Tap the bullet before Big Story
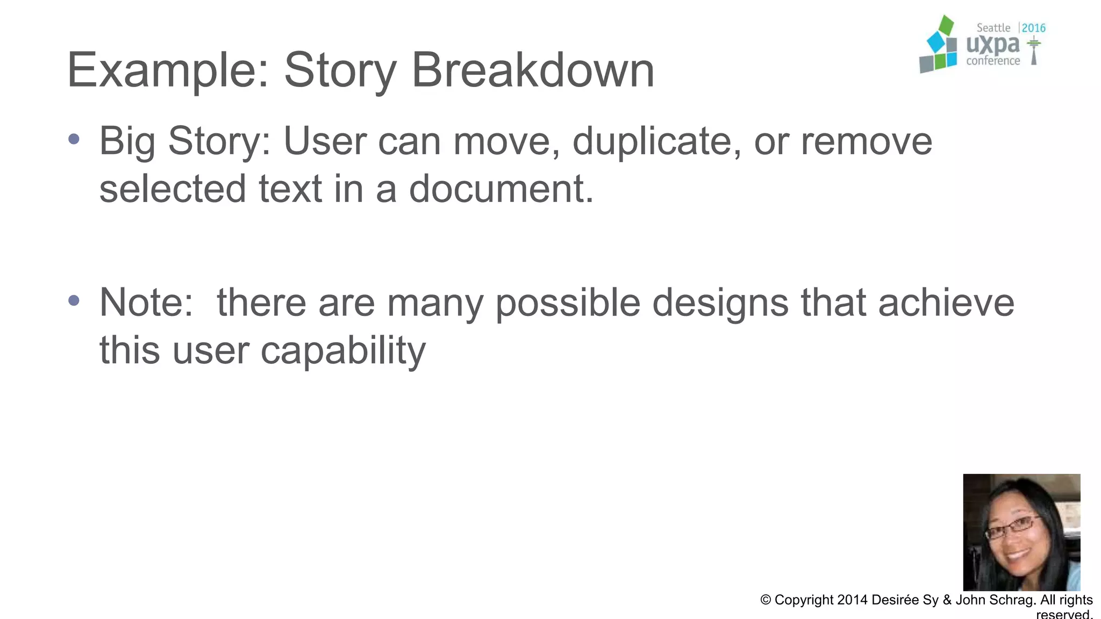coord(74,140)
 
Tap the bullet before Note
coord(74,300)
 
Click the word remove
coord(866,141)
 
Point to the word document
coord(501,189)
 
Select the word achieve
coord(946,303)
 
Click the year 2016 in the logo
coord(1033,28)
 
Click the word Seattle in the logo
coord(993,28)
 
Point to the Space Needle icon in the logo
coord(1033,51)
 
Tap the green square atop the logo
coord(946,25)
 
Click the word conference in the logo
coord(993,61)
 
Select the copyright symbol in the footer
coord(766,600)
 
